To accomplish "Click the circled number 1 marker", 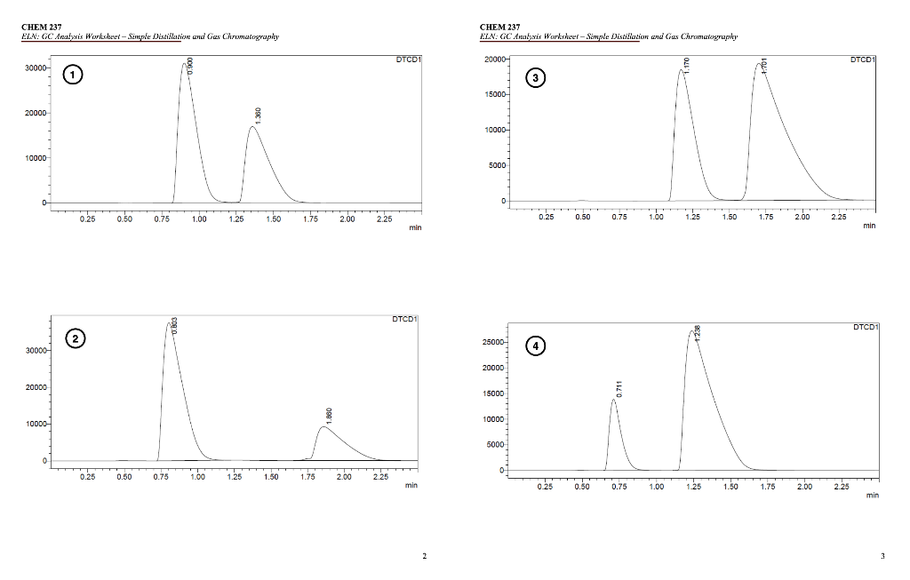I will pos(71,76).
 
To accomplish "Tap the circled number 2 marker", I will pos(76,338).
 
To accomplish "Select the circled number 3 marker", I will pos(534,79).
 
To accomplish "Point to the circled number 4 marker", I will pos(536,345).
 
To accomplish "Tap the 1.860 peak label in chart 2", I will pos(329,415).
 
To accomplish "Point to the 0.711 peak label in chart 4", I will pos(619,388).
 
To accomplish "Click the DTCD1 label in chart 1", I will pos(409,60).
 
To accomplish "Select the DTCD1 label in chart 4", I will pos(865,328).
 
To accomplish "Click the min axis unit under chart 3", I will pos(868,226).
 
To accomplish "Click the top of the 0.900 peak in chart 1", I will pos(185,63).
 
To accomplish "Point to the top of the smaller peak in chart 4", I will pos(613,400).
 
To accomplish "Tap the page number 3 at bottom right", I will pos(882,557).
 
